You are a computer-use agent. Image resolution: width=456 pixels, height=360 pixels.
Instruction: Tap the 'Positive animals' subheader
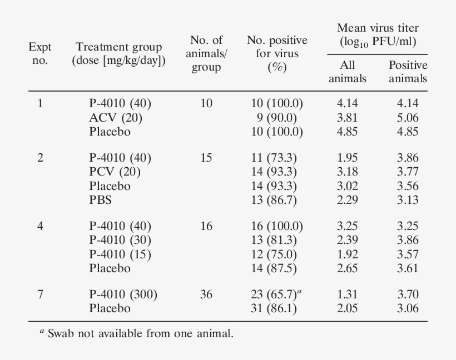click(x=408, y=72)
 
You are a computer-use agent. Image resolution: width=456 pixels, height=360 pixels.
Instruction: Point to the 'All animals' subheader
click(x=348, y=72)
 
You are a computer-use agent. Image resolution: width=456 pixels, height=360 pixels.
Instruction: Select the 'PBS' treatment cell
click(x=100, y=200)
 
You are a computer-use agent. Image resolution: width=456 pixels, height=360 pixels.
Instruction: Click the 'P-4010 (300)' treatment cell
click(x=123, y=294)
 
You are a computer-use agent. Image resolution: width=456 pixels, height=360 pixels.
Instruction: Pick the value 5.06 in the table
click(x=408, y=118)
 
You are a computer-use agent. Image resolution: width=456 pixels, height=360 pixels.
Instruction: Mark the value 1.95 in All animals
click(x=348, y=158)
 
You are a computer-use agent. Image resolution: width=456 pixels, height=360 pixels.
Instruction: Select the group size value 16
click(x=206, y=226)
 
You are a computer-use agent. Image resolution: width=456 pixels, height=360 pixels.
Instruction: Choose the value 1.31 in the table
click(x=348, y=294)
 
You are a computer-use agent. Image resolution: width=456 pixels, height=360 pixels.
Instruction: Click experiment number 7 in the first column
click(x=40, y=294)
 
